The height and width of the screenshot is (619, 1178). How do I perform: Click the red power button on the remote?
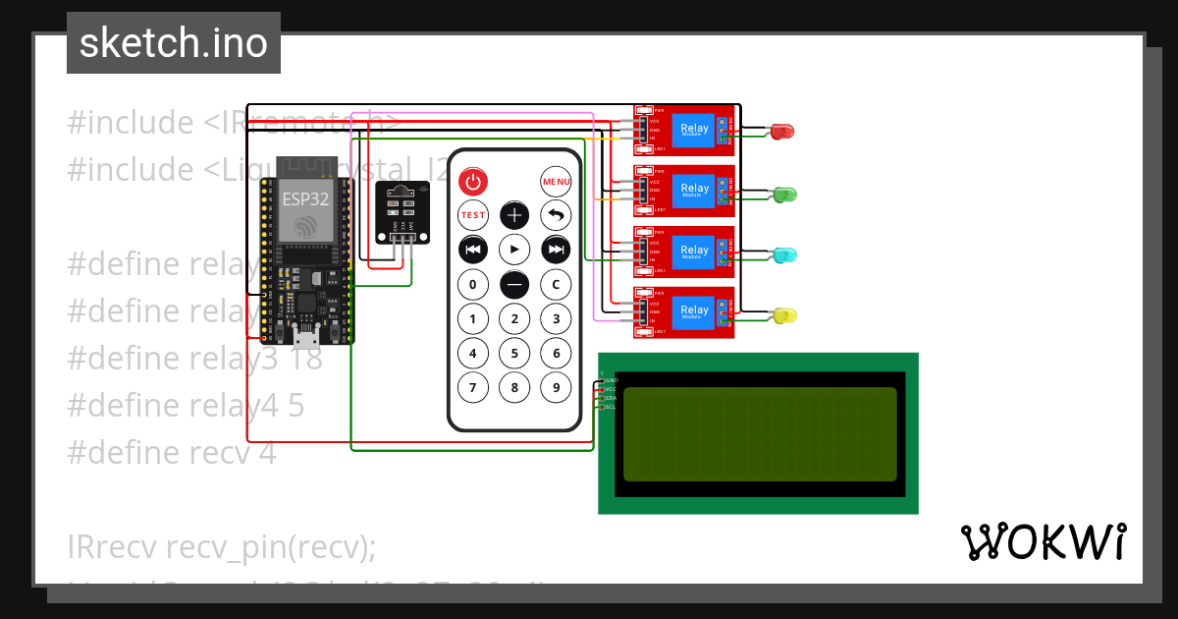tap(473, 181)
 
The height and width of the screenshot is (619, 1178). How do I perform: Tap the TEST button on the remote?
tap(473, 214)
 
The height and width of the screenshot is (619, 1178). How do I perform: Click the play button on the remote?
tap(514, 250)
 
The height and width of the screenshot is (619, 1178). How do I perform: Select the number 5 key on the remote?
tap(514, 353)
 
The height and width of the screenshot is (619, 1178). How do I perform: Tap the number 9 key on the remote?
tap(556, 387)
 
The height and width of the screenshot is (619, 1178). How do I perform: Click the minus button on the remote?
tap(514, 284)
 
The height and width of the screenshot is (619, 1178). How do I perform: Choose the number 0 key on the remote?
tap(473, 285)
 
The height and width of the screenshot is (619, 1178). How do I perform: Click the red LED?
tap(782, 131)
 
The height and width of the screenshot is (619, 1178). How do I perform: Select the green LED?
tap(785, 195)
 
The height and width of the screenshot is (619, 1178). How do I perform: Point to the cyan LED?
tap(785, 255)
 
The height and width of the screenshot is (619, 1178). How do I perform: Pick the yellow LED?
tap(785, 315)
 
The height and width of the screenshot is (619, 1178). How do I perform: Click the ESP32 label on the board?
tap(306, 197)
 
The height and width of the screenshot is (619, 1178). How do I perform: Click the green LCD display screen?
tap(759, 433)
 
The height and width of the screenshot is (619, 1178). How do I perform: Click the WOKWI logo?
tap(1043, 542)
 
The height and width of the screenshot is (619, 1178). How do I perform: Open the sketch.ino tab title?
tap(174, 43)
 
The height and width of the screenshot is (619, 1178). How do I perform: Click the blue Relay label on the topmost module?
tap(694, 129)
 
